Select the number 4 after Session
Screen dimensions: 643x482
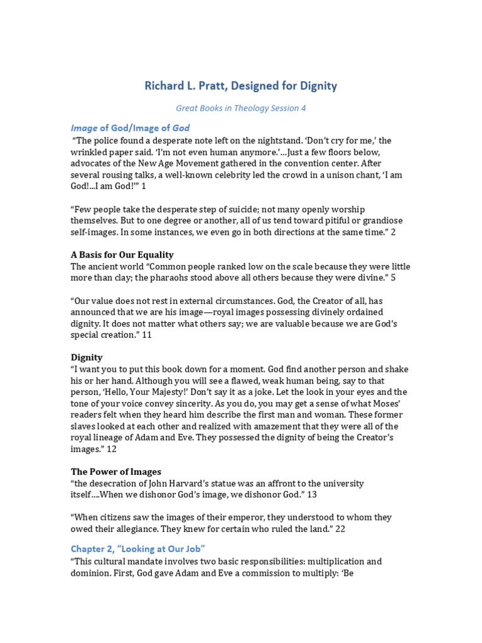[303, 108]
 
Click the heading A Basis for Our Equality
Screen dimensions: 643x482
[122, 255]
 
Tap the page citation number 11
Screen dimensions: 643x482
[147, 335]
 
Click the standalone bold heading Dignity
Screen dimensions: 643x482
[87, 357]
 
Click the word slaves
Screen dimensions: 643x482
[84, 426]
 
